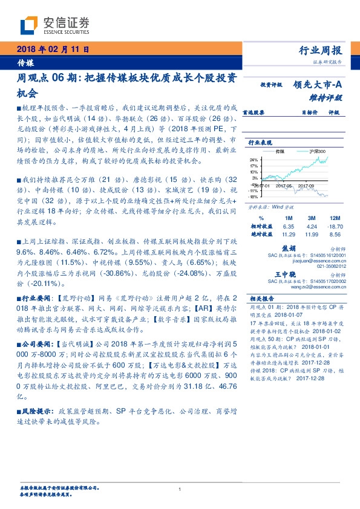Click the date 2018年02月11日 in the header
53,49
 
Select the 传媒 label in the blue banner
25,63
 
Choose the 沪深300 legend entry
316,151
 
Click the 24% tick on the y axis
254,158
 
